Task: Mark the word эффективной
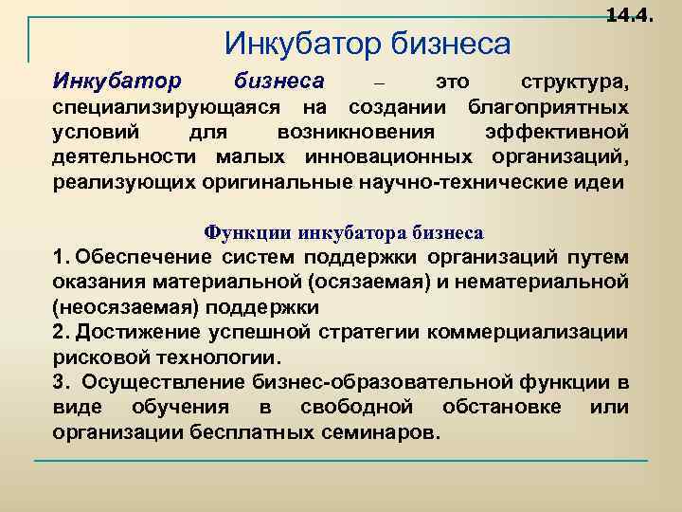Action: coord(557,131)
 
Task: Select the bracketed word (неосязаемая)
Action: coord(117,307)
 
